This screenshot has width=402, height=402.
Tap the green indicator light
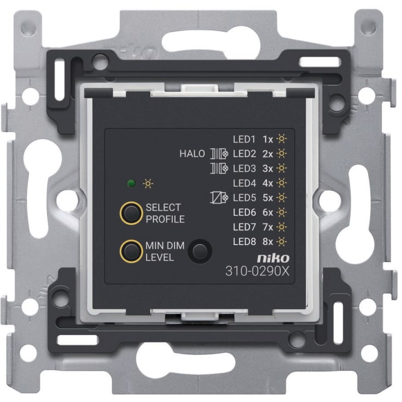pos(131,184)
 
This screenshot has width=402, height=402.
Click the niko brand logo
pos(273,258)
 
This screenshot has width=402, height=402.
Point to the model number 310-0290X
pos(257,271)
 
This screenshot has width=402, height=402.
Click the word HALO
pos(192,154)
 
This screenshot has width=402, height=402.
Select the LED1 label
pos(244,139)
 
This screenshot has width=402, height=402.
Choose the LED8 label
pos(244,242)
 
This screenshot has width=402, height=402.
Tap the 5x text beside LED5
pos(267,197)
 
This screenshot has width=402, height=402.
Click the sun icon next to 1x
pos(282,139)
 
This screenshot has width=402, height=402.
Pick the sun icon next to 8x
pos(282,242)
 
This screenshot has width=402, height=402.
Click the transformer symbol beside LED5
pos(219,197)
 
